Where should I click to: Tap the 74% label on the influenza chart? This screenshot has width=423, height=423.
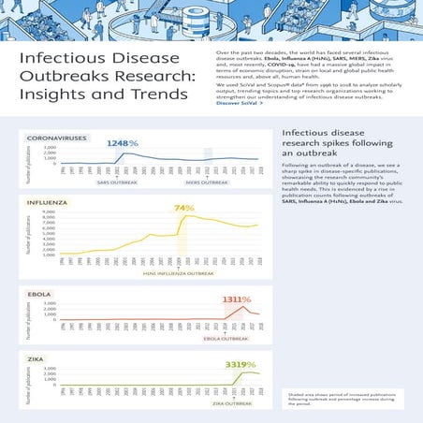[x=183, y=208]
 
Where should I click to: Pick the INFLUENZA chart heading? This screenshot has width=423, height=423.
[x=47, y=202]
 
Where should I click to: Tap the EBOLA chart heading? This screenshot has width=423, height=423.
[x=39, y=294]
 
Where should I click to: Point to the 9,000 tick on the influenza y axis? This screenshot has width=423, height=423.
[x=51, y=212]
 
